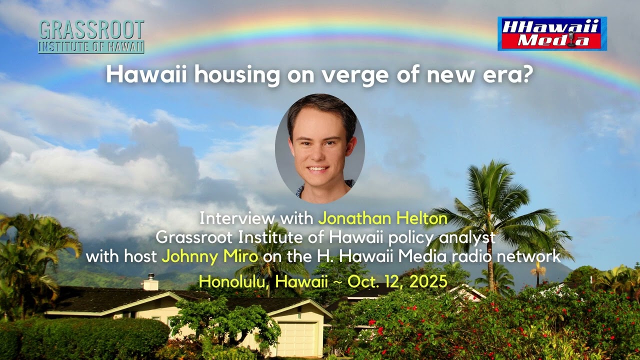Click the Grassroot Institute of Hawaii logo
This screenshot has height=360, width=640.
[91, 36]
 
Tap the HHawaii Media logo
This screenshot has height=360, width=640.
[552, 33]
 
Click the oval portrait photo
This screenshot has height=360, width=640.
[319, 148]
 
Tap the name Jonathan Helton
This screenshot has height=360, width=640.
[382, 218]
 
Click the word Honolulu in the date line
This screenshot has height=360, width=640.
[232, 281]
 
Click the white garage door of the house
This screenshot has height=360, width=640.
[297, 338]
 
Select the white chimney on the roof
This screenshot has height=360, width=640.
[150, 283]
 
